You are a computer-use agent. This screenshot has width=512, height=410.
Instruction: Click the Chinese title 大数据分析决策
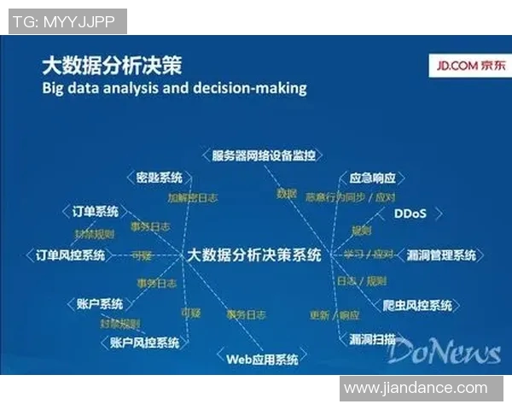112,66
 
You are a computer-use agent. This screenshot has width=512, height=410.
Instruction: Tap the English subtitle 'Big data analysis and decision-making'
173,88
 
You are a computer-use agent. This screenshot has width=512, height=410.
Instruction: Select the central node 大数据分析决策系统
254,255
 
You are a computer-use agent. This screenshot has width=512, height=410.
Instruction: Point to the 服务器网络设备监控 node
264,156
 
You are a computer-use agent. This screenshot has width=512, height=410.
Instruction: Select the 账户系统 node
100,304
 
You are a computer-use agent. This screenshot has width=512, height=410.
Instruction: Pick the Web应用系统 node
262,360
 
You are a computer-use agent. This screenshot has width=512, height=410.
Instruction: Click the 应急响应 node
373,179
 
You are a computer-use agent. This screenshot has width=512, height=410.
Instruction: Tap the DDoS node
409,214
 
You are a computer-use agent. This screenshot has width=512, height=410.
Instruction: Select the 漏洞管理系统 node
441,255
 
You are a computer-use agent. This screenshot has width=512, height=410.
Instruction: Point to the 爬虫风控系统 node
417,305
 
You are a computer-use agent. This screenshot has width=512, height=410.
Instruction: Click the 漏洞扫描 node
373,340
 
